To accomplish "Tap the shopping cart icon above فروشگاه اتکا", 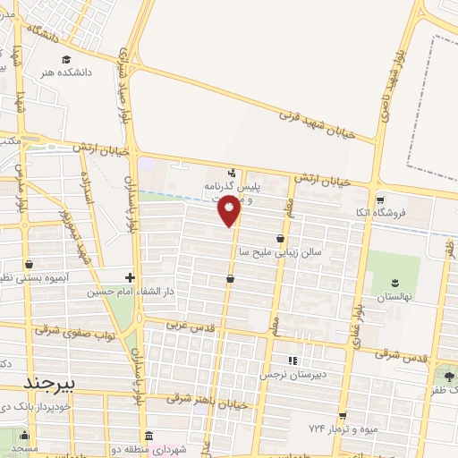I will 380,199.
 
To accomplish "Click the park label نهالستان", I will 393,295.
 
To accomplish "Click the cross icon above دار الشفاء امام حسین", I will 131,277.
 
